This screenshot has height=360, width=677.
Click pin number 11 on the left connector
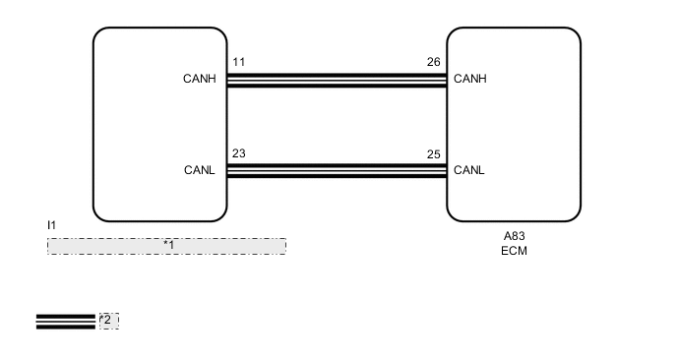239,62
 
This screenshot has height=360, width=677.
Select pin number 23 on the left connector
239,153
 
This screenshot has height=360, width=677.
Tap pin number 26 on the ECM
433,62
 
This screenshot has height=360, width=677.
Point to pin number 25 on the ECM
433,153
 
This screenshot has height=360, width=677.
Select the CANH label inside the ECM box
470,80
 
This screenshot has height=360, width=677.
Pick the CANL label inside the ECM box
469,170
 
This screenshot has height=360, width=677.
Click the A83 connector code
514,236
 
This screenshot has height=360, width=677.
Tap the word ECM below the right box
514,251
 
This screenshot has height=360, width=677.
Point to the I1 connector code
52,226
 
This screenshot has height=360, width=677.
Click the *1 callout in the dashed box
168,244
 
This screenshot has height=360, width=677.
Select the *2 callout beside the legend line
107,320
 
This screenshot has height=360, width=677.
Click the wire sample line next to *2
66,322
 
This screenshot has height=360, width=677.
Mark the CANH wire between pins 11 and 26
337,80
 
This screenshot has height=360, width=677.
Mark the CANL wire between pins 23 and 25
337,170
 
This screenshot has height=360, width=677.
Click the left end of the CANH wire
230,80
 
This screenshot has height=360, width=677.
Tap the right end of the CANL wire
444,170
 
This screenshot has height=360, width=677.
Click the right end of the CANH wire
444,80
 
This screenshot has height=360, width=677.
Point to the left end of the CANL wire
230,170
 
